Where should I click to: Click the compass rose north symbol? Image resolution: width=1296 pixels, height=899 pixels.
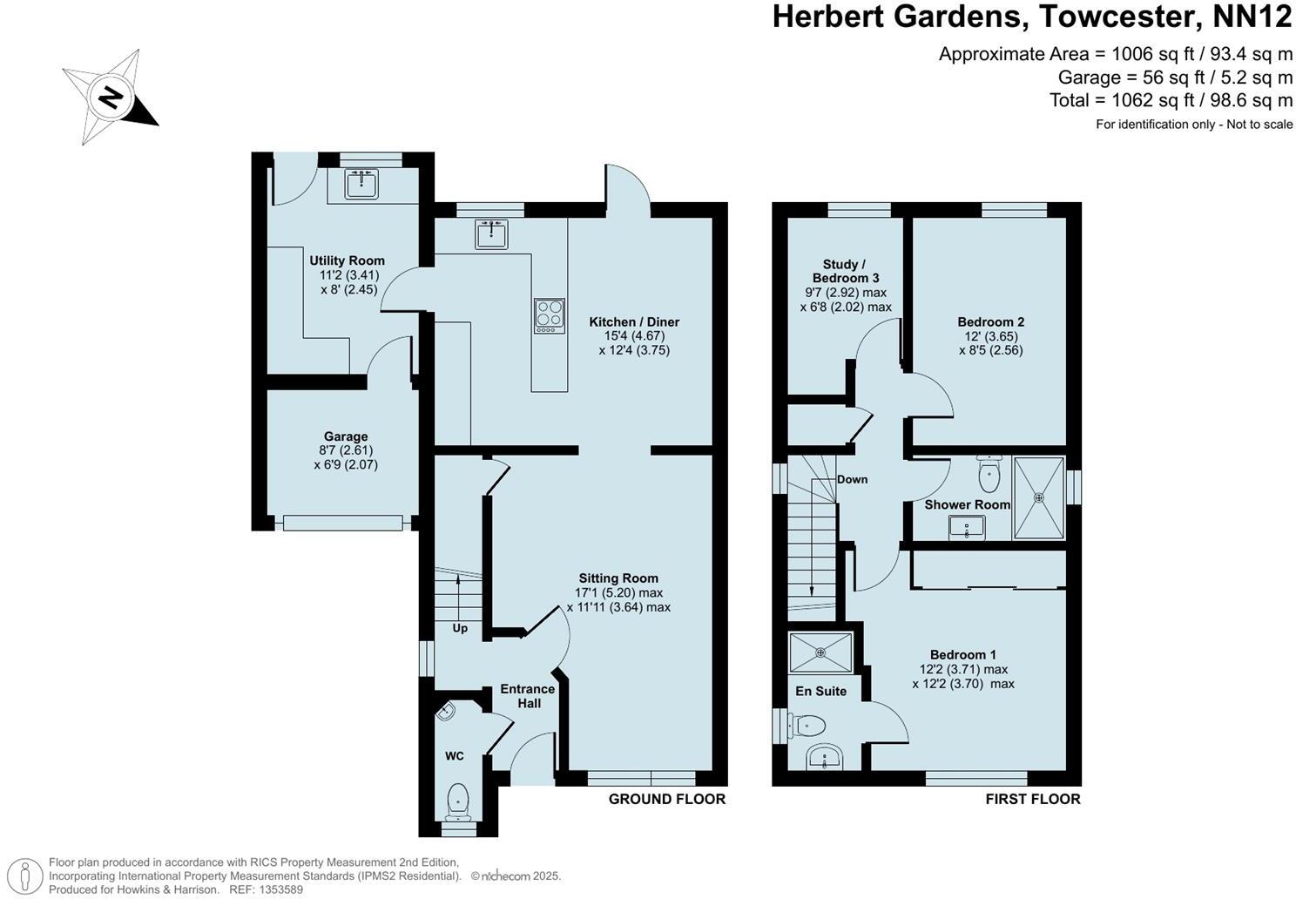coord(110,97)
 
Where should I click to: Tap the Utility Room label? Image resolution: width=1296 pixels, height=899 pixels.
coord(347,260)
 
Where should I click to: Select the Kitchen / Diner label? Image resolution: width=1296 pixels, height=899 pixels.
coord(633,321)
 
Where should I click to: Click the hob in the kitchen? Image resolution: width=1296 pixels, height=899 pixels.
coord(549,315)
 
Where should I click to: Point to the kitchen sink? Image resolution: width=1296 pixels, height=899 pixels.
coord(492,234)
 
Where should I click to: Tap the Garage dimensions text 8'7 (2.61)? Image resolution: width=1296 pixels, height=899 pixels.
coord(346,450)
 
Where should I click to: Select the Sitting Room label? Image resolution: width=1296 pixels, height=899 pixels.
coord(618,578)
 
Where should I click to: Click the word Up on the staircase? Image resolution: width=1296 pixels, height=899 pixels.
coord(460,628)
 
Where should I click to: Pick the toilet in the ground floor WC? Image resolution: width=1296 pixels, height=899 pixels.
coord(457,801)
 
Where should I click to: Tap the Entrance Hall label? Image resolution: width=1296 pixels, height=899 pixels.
coord(527,696)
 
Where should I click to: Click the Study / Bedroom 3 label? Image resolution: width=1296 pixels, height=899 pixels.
coord(845,271)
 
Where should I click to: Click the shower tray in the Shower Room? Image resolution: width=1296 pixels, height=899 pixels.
coord(1038,497)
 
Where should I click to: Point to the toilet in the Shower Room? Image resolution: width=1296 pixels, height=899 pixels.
coord(989,474)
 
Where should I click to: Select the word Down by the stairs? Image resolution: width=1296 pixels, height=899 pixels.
coord(852,479)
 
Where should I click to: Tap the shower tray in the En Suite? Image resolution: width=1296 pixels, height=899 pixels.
coord(821,652)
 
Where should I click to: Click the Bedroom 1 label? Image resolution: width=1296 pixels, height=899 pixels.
coord(962,654)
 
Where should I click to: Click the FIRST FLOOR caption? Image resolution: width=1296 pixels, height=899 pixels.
coord(1032,799)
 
